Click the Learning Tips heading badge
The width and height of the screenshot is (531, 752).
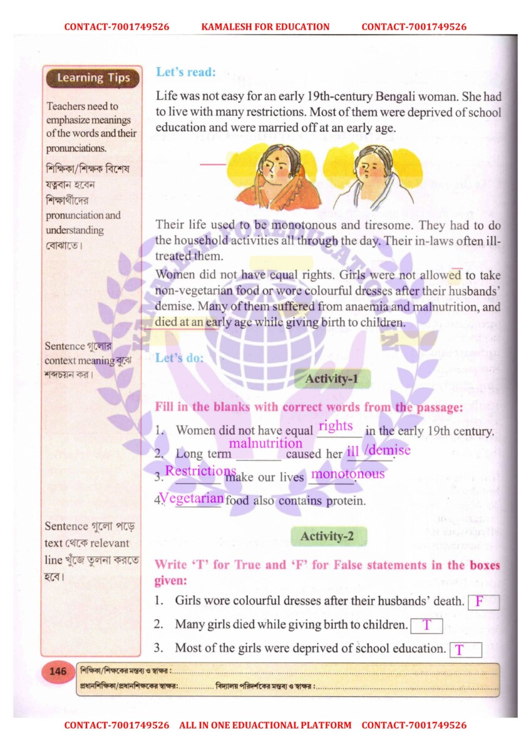pyautogui.click(x=93, y=78)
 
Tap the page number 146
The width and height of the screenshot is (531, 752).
pyautogui.click(x=58, y=672)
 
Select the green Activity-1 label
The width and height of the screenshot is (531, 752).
pyautogui.click(x=332, y=379)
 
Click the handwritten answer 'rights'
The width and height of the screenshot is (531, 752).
pyautogui.click(x=336, y=426)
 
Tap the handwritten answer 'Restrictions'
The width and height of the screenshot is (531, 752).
pyautogui.click(x=200, y=471)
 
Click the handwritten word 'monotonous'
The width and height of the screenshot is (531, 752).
pyautogui.click(x=348, y=474)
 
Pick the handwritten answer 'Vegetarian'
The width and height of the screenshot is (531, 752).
pyautogui.click(x=192, y=498)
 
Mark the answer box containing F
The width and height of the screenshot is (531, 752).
pyautogui.click(x=483, y=602)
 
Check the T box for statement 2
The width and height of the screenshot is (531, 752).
pyautogui.click(x=426, y=625)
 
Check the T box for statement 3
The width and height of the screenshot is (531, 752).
pyautogui.click(x=465, y=650)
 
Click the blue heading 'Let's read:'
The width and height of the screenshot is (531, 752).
pyautogui.click(x=186, y=72)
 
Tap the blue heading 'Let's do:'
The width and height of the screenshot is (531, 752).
pyautogui.click(x=180, y=358)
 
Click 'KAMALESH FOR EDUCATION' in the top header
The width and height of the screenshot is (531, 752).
pyautogui.click(x=265, y=27)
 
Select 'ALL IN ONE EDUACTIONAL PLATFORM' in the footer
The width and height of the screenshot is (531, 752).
pyautogui.click(x=265, y=725)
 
